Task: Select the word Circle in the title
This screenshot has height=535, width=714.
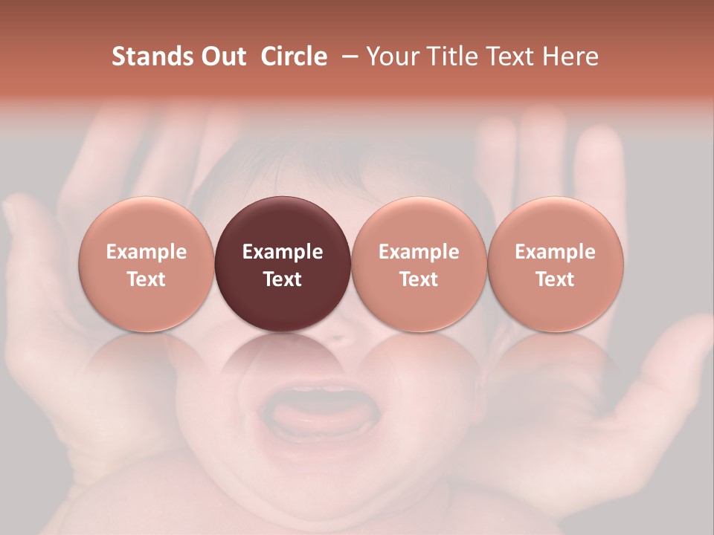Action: click(294, 56)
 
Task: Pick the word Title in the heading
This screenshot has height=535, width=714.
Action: click(450, 56)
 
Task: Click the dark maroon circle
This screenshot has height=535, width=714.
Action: click(283, 223)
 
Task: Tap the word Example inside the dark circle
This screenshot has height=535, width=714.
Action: click(283, 252)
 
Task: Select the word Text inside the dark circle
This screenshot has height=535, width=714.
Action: click(283, 279)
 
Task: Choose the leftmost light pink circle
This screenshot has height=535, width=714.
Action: click(146, 223)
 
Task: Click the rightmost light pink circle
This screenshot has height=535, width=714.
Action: click(556, 223)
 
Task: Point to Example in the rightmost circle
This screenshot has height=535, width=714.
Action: click(556, 252)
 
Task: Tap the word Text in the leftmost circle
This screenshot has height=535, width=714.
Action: click(146, 279)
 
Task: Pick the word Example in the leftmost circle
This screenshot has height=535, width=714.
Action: click(146, 252)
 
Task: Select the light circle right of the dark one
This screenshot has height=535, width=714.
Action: click(419, 223)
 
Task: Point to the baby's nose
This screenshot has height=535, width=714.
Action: click(338, 338)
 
